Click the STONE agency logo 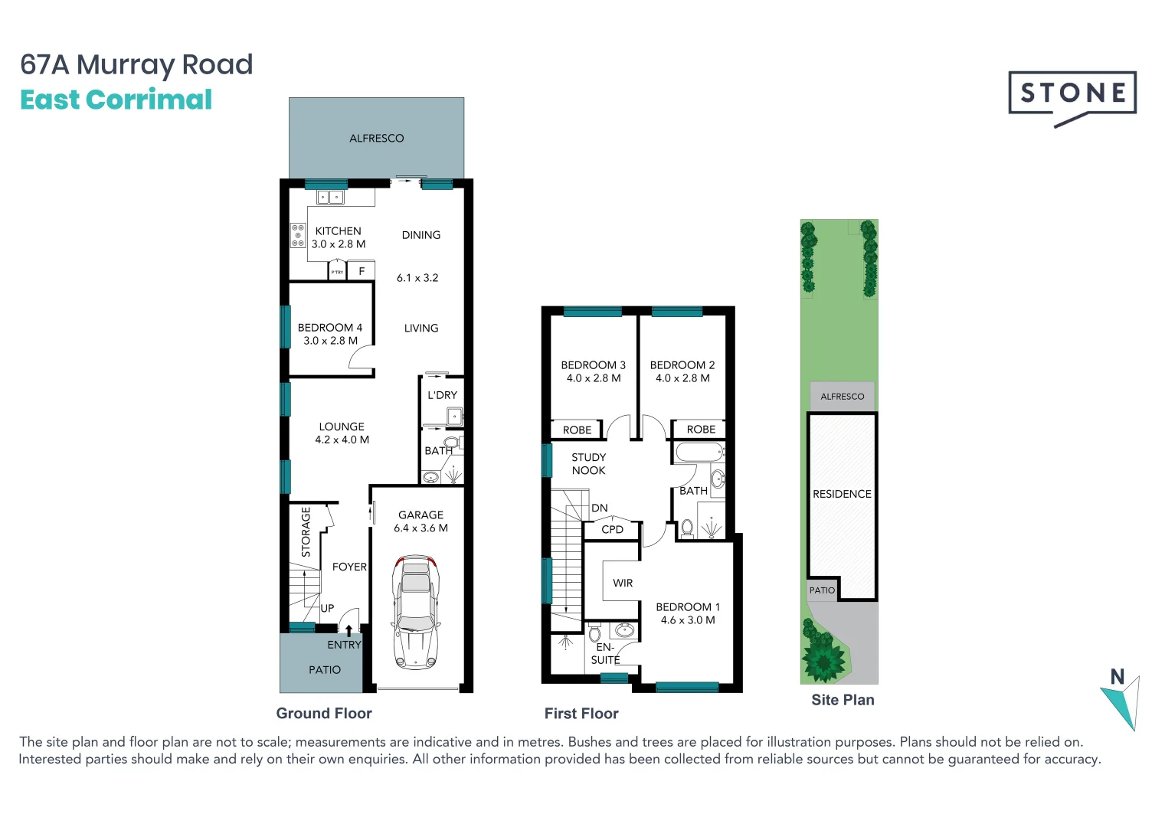coord(1072,96)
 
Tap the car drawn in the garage coord(415,612)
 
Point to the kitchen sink coord(330,198)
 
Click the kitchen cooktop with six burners coord(298,235)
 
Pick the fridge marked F coord(362,271)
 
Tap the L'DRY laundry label coord(442,395)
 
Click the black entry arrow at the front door coord(349,630)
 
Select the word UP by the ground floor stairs coord(327,608)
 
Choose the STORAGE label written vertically coord(306,531)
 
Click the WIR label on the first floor coord(623,583)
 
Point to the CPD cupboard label coord(612,529)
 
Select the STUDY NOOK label coord(588,464)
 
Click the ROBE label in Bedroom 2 coord(701,430)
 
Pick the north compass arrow coord(1122,701)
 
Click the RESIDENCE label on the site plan coord(842,494)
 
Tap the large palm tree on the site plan coord(823,658)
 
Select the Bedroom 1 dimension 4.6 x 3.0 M coord(688,620)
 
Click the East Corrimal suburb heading coord(116,100)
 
